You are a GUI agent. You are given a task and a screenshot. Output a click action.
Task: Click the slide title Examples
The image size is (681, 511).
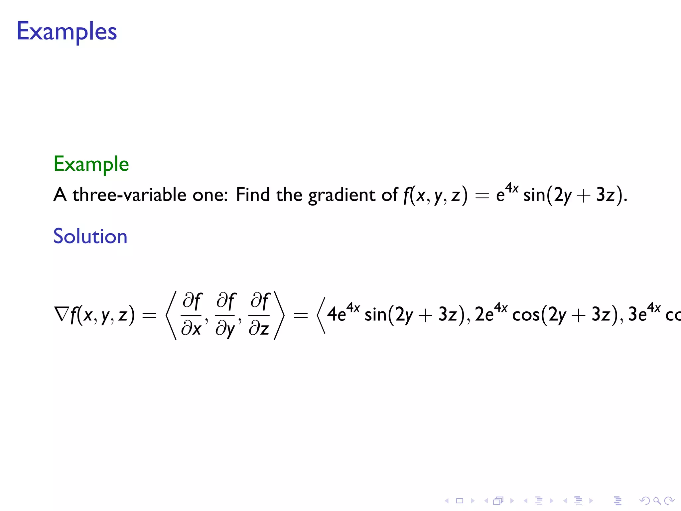coord(67,32)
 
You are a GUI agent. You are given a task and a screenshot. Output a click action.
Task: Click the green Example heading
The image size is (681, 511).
coord(91,164)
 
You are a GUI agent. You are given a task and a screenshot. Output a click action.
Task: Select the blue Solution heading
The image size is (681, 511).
coord(90,237)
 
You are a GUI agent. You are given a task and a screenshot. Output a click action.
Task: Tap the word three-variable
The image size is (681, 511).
coord(129,195)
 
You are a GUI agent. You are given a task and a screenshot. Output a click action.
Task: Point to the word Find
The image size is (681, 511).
coord(252,195)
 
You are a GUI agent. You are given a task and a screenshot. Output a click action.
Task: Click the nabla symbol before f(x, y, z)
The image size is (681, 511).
coord(62,314)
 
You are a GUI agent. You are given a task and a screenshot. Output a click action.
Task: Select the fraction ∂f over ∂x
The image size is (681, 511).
coord(192,314)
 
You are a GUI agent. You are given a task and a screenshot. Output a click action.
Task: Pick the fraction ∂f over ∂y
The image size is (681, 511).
coord(225,314)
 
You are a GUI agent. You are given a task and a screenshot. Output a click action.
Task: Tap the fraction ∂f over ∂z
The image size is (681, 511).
coord(259,314)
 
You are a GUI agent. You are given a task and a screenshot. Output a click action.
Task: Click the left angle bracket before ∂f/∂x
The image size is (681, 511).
coord(171,315)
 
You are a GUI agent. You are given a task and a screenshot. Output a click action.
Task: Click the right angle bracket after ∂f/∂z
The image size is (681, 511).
coord(279,315)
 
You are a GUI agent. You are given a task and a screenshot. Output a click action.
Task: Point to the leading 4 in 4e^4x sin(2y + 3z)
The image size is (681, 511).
coord(332,314)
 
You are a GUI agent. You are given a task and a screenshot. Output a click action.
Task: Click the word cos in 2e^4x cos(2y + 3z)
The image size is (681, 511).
coord(526,315)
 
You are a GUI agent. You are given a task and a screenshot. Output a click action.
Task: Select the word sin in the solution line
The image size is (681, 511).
coord(375,314)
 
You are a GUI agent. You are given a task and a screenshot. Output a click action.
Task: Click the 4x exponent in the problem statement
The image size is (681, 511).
coord(512,188)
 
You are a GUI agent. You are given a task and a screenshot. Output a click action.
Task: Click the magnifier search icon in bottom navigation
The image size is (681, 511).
coord(657,500)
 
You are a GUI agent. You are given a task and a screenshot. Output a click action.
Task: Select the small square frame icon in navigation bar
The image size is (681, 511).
coord(460,500)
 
